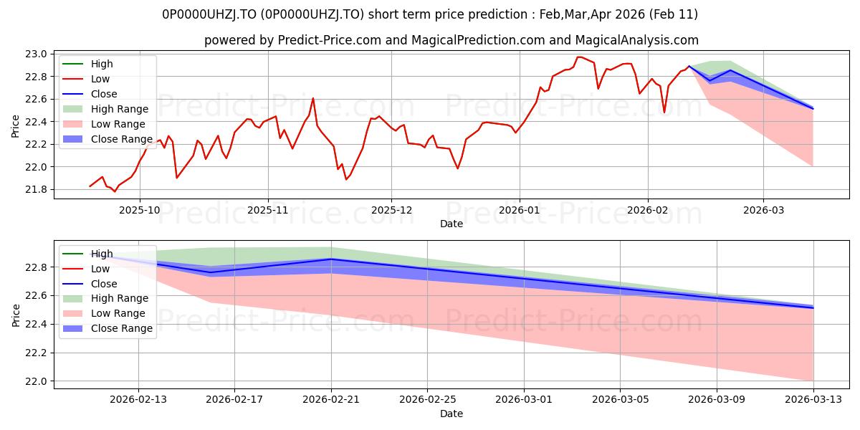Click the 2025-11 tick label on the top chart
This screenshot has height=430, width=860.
tap(268, 211)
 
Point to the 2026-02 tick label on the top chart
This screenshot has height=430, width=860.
tap(648, 211)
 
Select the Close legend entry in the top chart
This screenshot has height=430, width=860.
tap(104, 94)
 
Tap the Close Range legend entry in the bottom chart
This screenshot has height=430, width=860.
tap(121, 328)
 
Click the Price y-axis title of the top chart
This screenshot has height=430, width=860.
tap(16, 125)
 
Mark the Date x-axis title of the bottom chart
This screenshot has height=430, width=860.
tap(451, 414)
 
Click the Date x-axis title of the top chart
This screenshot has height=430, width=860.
tap(451, 224)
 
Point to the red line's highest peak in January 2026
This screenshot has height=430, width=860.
tap(578, 57)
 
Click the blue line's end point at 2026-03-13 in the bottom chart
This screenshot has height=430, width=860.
tap(813, 307)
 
